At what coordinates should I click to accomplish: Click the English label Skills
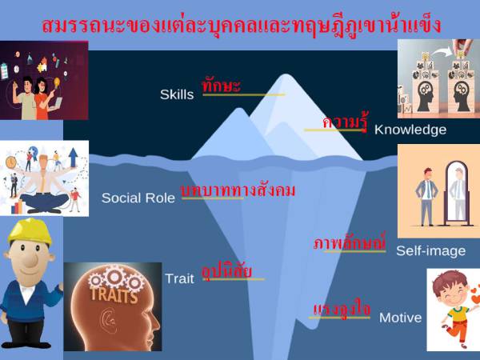[x=176, y=94]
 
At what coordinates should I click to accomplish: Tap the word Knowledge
[x=410, y=129]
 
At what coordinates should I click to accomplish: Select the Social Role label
[x=138, y=198]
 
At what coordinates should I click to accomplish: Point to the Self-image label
[x=430, y=250]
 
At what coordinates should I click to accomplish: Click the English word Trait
[x=179, y=278]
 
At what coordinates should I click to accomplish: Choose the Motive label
[x=400, y=318]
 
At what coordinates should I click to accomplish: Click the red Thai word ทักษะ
[x=222, y=85]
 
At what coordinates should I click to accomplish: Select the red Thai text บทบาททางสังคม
[x=238, y=190]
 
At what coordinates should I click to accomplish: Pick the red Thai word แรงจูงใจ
[x=342, y=309]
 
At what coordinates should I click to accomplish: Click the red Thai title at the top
[x=240, y=24]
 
